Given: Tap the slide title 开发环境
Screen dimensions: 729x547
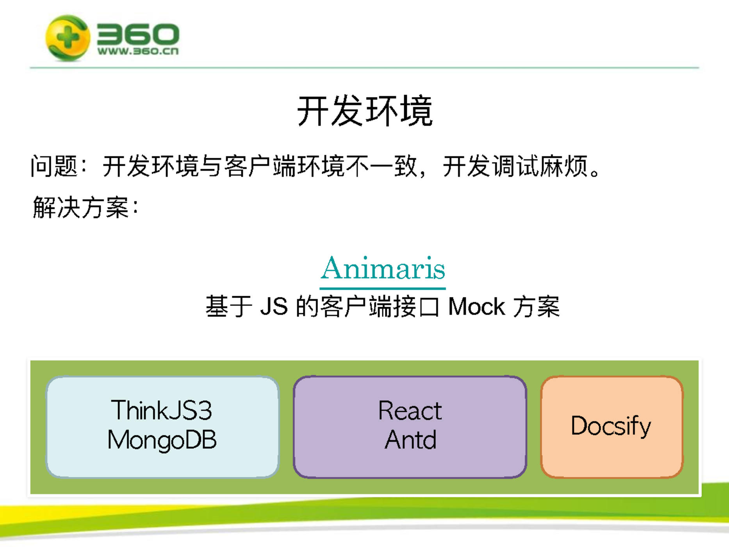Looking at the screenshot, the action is (365, 111).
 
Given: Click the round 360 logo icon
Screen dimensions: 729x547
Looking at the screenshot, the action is (68, 38).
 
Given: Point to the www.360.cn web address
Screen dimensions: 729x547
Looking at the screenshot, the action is (138, 51).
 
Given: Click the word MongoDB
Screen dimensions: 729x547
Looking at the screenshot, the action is (162, 440).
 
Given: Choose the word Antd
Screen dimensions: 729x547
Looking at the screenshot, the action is (410, 440).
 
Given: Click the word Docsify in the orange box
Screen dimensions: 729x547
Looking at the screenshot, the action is (611, 426).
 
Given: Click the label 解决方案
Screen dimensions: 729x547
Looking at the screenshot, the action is (81, 207).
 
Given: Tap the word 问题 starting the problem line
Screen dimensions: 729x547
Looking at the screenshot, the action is (54, 166).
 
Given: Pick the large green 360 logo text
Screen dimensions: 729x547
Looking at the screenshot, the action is (138, 34).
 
